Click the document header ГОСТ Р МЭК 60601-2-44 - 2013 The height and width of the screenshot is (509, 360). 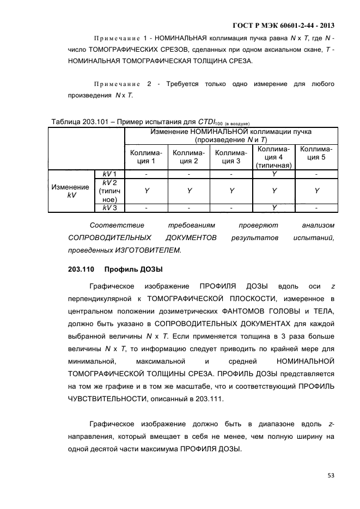[283, 26]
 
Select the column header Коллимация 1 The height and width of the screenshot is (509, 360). [146, 157]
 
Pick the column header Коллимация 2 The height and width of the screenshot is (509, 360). [188, 157]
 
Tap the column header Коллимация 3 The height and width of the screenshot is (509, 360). [231, 157]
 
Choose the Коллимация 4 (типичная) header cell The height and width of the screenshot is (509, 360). [274, 157]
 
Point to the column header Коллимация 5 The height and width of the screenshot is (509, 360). [316, 157]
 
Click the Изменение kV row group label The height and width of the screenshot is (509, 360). [71, 191]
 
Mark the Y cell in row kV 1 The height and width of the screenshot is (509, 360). [274, 174]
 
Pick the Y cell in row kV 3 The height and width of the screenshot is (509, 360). [274, 207]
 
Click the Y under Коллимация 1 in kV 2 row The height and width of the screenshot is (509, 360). [146, 191]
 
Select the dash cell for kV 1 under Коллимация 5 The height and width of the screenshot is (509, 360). [316, 174]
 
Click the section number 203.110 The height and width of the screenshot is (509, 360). [81, 269]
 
